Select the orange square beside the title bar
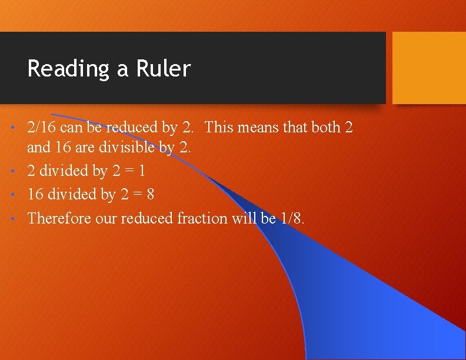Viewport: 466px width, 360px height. click(428, 67)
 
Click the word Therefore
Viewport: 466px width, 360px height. click(56, 218)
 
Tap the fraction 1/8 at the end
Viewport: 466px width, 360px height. click(292, 218)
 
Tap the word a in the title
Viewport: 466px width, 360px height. click(122, 69)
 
